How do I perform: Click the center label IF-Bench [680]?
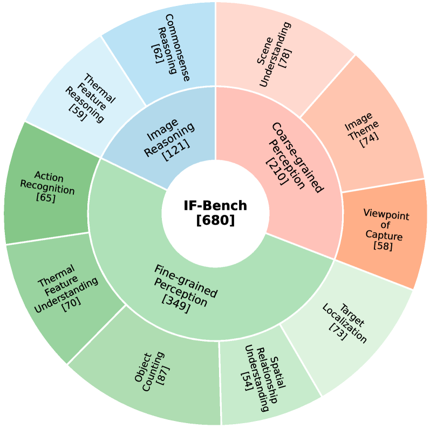pos(215,212)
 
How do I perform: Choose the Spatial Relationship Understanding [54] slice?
pos(262,376)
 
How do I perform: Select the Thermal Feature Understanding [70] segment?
pos(65,289)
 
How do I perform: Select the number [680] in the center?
pos(215,219)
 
